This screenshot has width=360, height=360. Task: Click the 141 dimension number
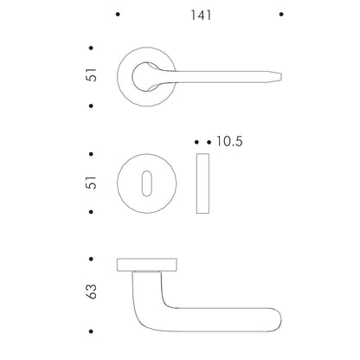201,15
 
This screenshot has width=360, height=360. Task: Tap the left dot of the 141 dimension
118,14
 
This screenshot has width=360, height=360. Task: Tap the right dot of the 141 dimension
281,14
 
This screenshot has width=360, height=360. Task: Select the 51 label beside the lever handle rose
92,75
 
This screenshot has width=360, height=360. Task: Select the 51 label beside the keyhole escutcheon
92,183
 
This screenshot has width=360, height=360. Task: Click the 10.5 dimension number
229,141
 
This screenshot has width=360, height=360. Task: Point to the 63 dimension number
92,292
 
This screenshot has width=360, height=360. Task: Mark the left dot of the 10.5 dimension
196,142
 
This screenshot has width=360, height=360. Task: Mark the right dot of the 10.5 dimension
209,142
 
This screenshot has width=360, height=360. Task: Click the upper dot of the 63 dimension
91,259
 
